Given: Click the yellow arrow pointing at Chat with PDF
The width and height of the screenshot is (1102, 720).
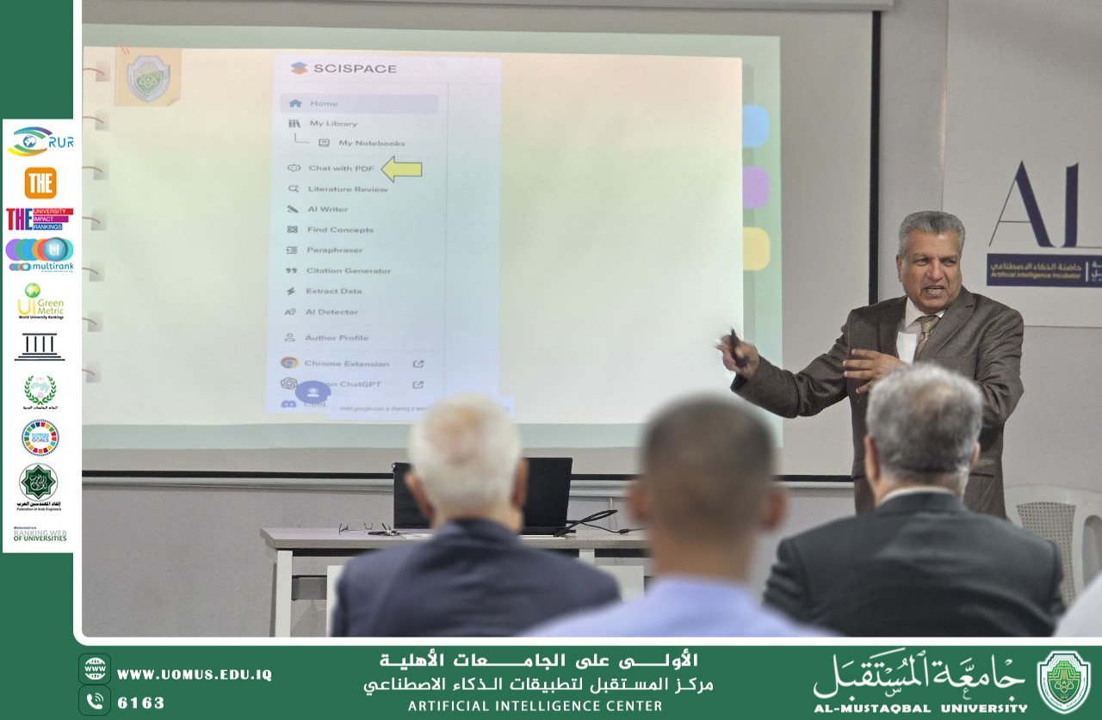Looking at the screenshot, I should click(401, 169).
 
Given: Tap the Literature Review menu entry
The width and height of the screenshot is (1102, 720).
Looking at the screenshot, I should click(347, 189).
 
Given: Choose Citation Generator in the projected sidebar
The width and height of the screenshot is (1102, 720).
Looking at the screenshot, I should click(348, 271).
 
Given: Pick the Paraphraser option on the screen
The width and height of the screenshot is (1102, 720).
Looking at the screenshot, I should click(334, 250).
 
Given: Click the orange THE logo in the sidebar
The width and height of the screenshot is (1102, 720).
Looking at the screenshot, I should click(40, 183).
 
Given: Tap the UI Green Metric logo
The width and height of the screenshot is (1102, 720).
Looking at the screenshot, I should click(40, 302).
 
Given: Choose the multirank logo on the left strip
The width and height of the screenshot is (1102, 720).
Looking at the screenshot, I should click(40, 255).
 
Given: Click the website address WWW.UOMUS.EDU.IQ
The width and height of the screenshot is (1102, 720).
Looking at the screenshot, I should click(194, 674).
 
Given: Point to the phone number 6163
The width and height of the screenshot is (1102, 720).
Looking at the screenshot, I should click(140, 703).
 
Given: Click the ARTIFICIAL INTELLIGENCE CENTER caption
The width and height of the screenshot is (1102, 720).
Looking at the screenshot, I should click(535, 706).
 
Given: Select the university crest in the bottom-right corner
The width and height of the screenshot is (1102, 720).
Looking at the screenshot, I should click(1063, 681).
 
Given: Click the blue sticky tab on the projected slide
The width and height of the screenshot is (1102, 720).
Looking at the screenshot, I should click(755, 126).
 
